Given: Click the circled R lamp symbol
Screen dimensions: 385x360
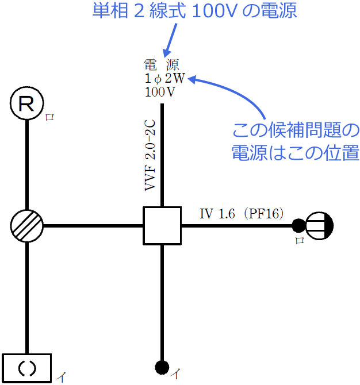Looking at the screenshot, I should click(x=27, y=104).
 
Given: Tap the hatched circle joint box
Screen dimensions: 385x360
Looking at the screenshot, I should click(x=27, y=225).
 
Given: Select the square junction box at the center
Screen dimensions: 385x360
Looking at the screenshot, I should click(x=162, y=225).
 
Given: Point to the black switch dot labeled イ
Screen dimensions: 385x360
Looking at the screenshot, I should click(x=162, y=366).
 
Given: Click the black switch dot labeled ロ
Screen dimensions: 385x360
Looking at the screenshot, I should click(x=298, y=225).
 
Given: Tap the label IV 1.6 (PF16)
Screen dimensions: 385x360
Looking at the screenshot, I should click(x=242, y=214).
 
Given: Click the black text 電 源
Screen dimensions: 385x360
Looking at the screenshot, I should click(x=162, y=64).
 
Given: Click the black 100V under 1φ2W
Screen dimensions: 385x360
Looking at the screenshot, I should click(x=160, y=91).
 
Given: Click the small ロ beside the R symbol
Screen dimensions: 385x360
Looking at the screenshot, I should click(x=49, y=117).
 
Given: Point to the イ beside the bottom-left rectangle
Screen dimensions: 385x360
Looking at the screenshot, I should click(x=62, y=377).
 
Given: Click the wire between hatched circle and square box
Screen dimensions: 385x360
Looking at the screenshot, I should click(x=92, y=225).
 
